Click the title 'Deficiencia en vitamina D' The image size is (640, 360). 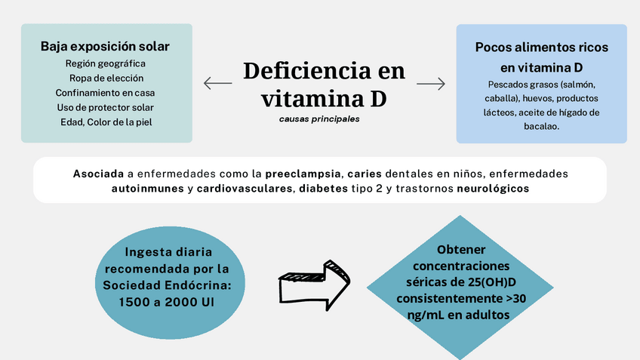pyautogui.click(x=324, y=84)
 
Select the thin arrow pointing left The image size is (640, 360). pyautogui.click(x=217, y=84)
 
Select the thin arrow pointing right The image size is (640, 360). pyautogui.click(x=431, y=84)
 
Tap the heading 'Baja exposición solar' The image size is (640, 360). pyautogui.click(x=105, y=47)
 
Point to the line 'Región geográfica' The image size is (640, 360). pyautogui.click(x=106, y=63)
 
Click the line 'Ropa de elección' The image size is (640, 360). pyautogui.click(x=106, y=78)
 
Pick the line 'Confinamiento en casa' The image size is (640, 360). pyautogui.click(x=106, y=92)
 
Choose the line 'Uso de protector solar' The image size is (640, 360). pyautogui.click(x=106, y=106)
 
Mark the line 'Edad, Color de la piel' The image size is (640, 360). pyautogui.click(x=106, y=121)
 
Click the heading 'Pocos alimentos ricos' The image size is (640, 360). pyautogui.click(x=541, y=47)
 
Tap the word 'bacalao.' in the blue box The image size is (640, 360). pyautogui.click(x=541, y=127)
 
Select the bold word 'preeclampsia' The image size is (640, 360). pyautogui.click(x=303, y=174)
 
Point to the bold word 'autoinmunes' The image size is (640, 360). pyautogui.click(x=146, y=188)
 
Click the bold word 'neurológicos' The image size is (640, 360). pyautogui.click(x=493, y=188)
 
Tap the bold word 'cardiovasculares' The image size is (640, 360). pyautogui.click(x=244, y=188)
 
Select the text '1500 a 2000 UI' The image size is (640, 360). pyautogui.click(x=167, y=301)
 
